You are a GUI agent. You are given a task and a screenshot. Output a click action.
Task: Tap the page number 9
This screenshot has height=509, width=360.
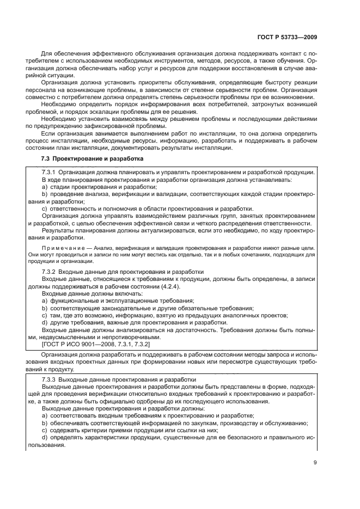(315, 463)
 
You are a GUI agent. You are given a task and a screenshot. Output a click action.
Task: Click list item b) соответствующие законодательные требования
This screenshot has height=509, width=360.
(147, 308)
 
